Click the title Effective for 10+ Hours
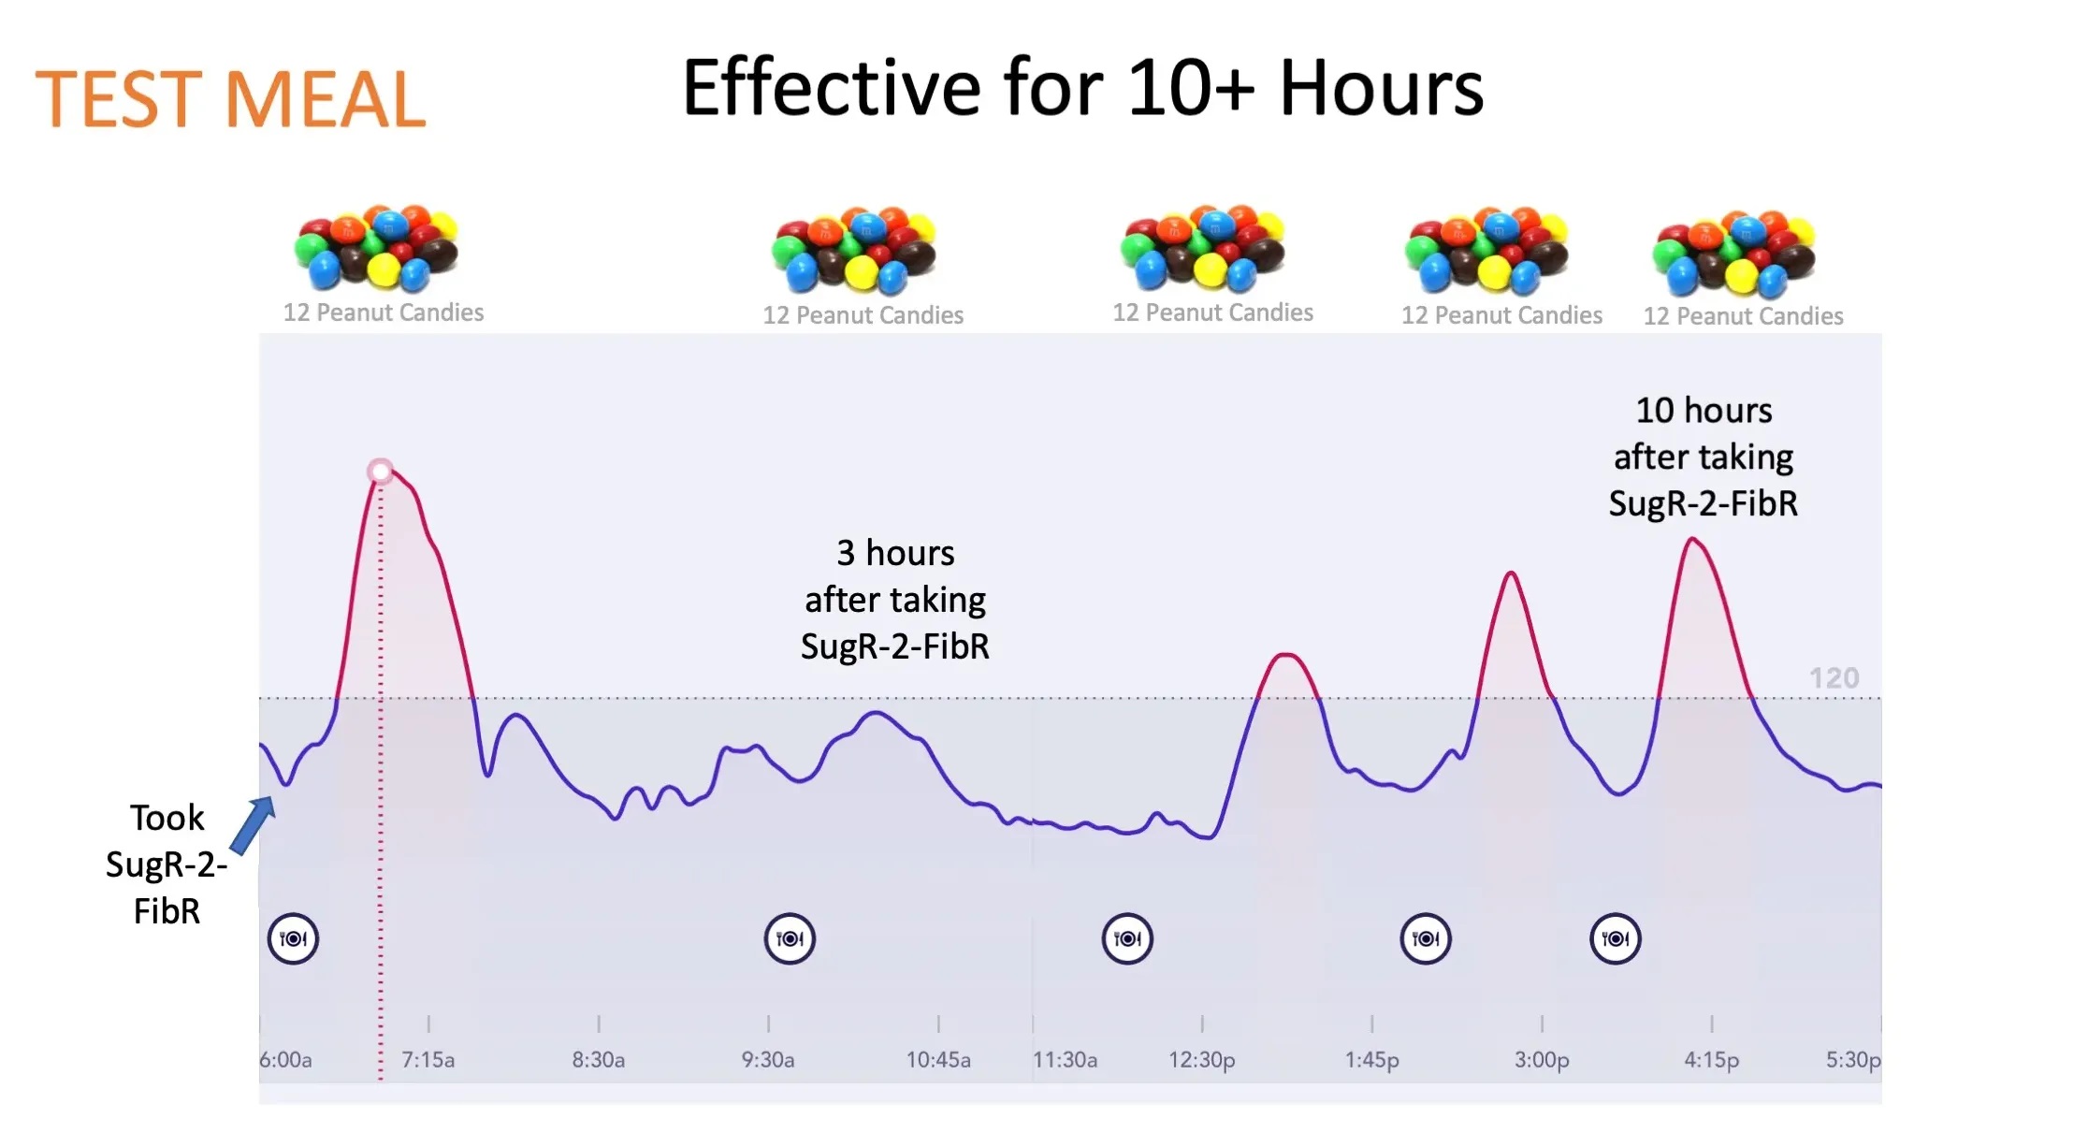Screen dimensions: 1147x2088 [1082, 89]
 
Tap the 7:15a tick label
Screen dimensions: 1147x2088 [428, 1060]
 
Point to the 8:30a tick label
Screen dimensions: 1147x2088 [599, 1060]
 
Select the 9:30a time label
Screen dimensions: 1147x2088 [768, 1060]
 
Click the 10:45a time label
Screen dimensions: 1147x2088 [938, 1060]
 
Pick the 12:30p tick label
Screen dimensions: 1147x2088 [1202, 1060]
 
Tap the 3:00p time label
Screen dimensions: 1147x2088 [1542, 1060]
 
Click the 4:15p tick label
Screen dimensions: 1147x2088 [1712, 1060]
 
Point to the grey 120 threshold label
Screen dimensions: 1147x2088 [1834, 678]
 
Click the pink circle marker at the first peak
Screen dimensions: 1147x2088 [380, 471]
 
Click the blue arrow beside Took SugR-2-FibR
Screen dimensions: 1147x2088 [252, 825]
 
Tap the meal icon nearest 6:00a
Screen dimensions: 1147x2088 [293, 938]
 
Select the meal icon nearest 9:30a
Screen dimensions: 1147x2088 [790, 938]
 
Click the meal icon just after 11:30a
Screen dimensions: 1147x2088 [1127, 938]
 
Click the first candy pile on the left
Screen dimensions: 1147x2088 [376, 248]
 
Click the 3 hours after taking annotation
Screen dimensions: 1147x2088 [895, 600]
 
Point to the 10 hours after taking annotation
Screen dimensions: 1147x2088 [1704, 457]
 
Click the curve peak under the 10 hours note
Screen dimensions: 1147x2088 [1692, 539]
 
